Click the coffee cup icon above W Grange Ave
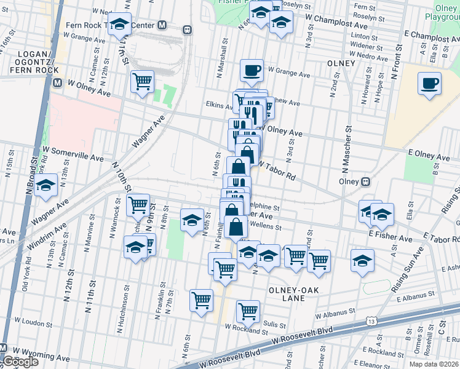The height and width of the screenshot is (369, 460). click(251, 70)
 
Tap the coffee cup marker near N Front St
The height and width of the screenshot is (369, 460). click(429, 83)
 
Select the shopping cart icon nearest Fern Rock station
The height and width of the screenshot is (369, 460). click(142, 81)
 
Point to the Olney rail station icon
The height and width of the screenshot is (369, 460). click(365, 181)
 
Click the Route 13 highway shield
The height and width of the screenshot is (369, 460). click(371, 321)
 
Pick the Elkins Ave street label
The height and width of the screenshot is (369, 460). click(218, 105)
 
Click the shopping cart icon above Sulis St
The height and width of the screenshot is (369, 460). click(248, 311)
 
